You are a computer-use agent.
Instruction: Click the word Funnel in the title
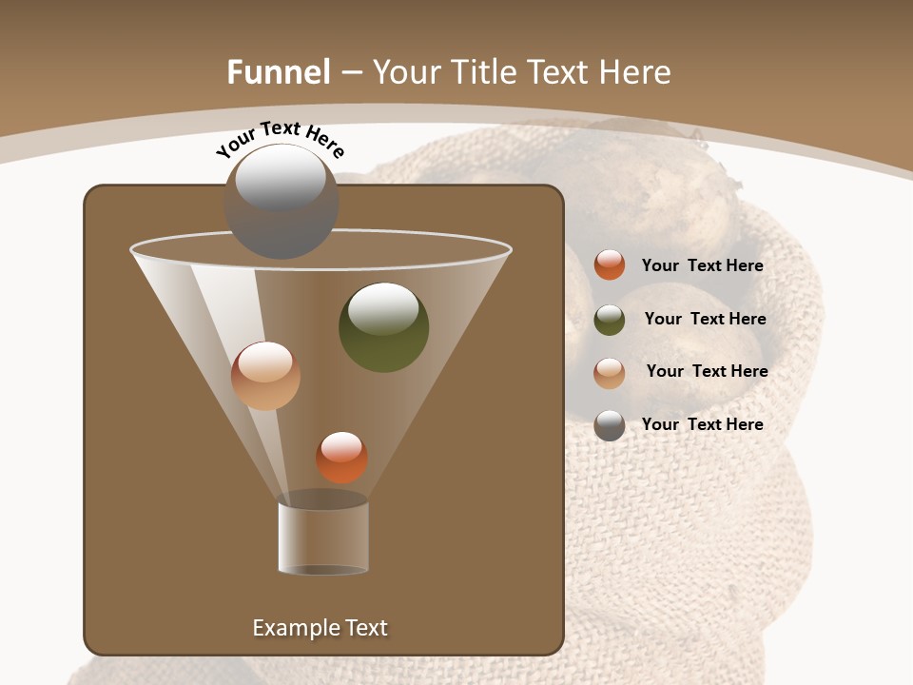click(x=279, y=72)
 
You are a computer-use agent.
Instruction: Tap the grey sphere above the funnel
click(x=281, y=201)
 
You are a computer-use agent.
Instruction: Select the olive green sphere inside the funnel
click(x=383, y=327)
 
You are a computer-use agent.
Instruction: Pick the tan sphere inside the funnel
click(x=265, y=376)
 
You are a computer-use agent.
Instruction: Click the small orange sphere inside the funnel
click(x=341, y=457)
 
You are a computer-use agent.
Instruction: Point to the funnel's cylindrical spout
click(x=323, y=537)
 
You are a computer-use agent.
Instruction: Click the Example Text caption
click(x=320, y=628)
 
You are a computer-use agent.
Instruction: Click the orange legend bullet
click(x=610, y=265)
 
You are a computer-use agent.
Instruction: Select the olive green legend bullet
click(x=610, y=320)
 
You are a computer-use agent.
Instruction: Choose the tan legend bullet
click(x=610, y=373)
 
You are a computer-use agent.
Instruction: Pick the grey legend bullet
click(x=610, y=425)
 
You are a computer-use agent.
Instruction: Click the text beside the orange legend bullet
click(x=702, y=266)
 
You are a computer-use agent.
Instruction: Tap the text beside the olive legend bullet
click(x=705, y=320)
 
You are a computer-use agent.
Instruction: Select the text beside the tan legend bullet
click(x=707, y=372)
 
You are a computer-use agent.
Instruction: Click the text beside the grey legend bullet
click(x=702, y=424)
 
